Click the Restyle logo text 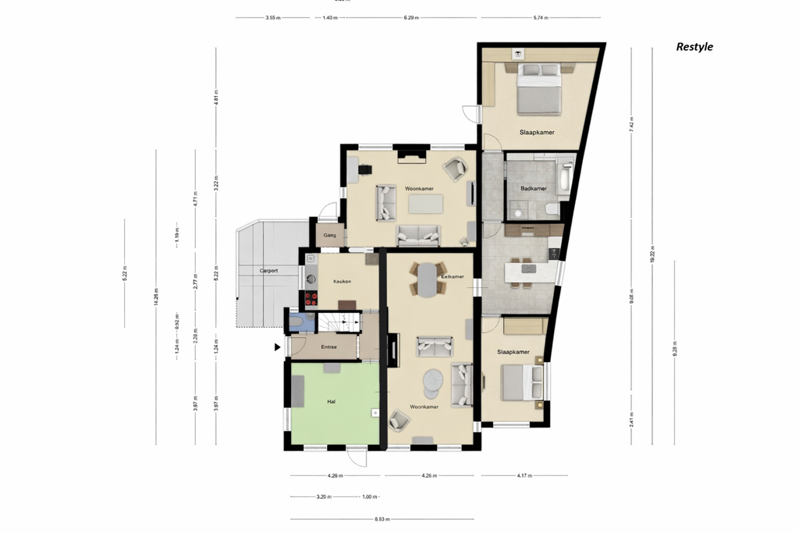[694, 47]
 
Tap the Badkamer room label [534, 189]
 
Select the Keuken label [342, 281]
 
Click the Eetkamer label [453, 276]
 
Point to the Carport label [268, 271]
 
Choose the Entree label [328, 346]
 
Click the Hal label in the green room [331, 401]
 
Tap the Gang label [329, 235]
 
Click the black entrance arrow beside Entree [277, 348]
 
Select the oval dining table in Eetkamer [428, 279]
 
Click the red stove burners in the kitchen [310, 297]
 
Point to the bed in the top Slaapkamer [540, 87]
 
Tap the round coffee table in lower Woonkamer [434, 382]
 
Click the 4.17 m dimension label [524, 475]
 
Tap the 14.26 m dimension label [156, 297]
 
